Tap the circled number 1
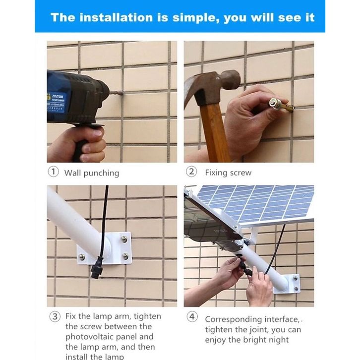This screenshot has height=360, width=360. coord(53,172)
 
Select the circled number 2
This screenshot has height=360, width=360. coord(191,172)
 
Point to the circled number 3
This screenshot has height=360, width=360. coord(55,316)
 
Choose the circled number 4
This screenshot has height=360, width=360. coord(192,316)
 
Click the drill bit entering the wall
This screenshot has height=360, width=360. coord(117,93)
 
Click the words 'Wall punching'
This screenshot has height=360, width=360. coord(92,173)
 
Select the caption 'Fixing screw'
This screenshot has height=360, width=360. coord(228,173)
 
